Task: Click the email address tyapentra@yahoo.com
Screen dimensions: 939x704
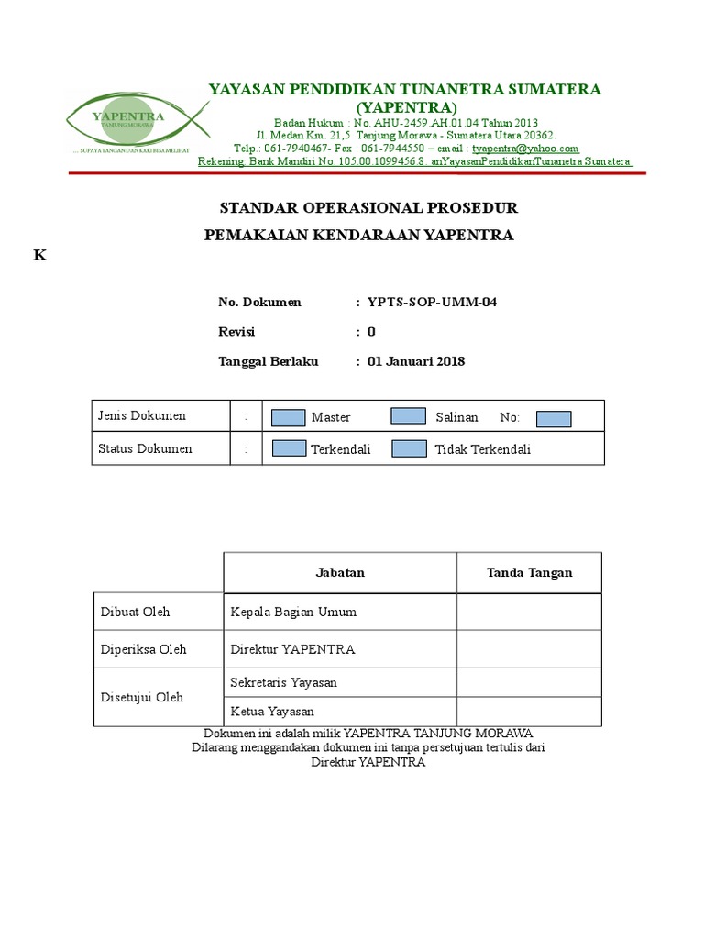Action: click(x=525, y=148)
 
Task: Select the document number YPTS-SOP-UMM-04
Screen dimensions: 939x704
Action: click(x=432, y=303)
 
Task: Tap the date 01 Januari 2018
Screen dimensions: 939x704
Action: click(x=416, y=361)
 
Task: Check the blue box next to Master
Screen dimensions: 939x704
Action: click(x=289, y=417)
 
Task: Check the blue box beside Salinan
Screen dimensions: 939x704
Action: click(x=408, y=416)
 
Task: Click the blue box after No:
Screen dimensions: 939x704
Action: click(x=554, y=418)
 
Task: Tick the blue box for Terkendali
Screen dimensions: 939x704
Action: click(x=289, y=448)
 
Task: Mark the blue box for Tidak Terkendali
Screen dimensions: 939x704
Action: click(x=408, y=448)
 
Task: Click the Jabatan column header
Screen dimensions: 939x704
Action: click(x=340, y=572)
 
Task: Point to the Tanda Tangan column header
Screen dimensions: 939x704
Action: click(x=529, y=572)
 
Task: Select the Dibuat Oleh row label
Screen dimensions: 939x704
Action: click(x=135, y=612)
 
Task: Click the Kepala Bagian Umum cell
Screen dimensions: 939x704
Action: click(x=293, y=612)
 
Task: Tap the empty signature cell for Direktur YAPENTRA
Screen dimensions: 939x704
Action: click(x=529, y=649)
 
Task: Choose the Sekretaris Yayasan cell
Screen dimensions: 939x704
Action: click(x=284, y=682)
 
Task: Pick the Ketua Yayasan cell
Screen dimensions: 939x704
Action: click(x=272, y=712)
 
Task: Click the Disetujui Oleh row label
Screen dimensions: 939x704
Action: click(x=141, y=697)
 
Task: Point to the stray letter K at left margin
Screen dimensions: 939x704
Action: click(x=39, y=256)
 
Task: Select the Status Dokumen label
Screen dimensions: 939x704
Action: click(x=145, y=448)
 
